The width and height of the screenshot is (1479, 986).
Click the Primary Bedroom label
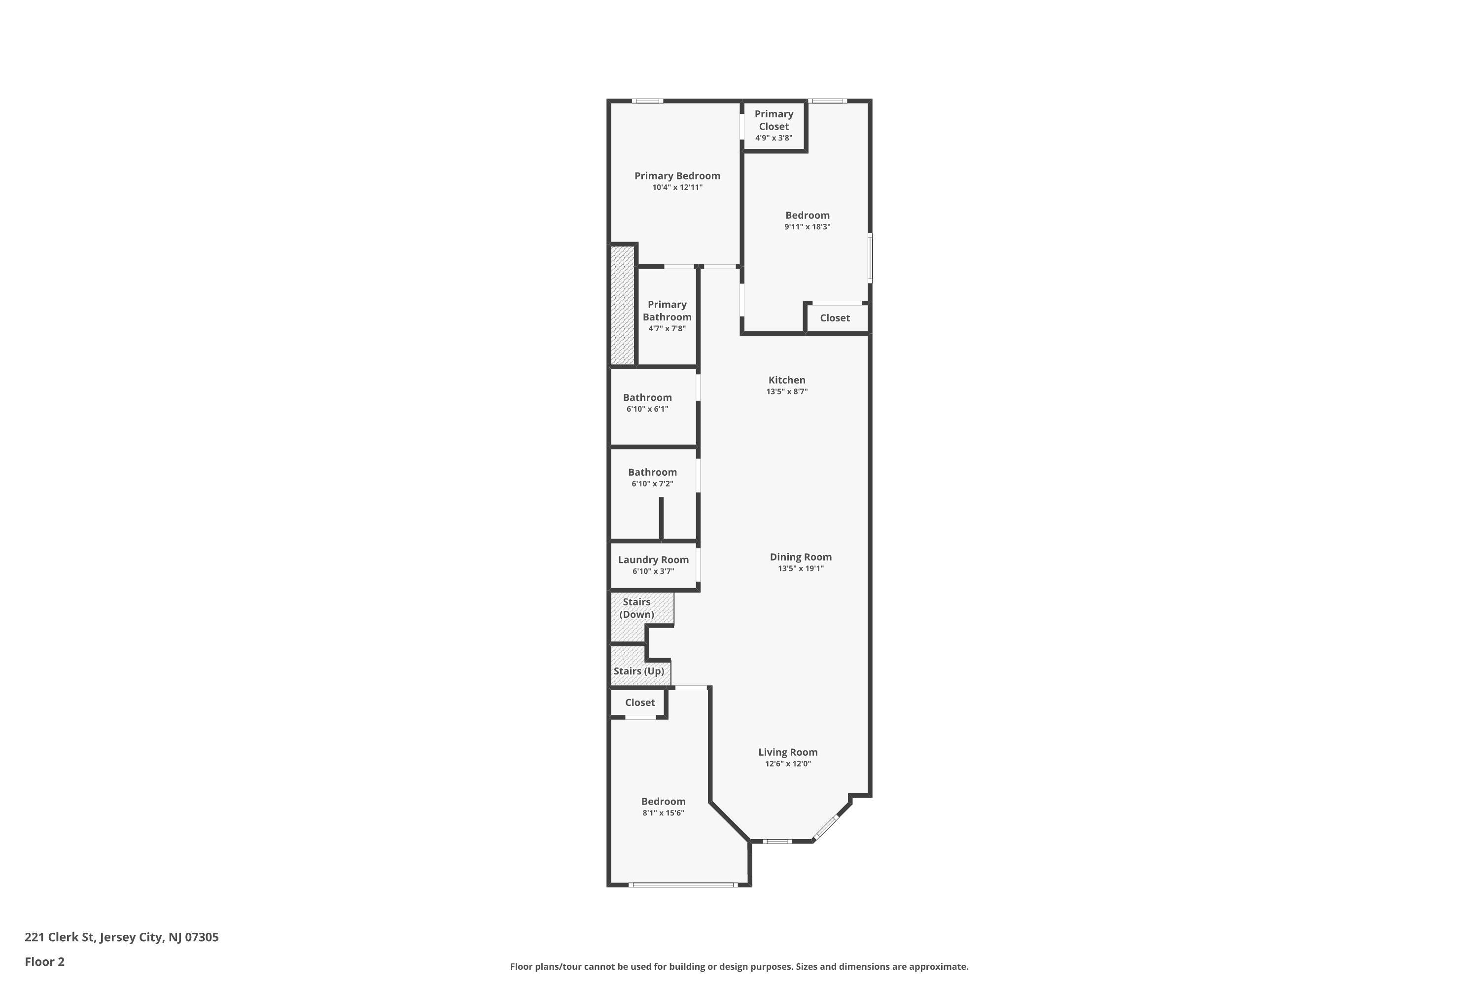pyautogui.click(x=677, y=176)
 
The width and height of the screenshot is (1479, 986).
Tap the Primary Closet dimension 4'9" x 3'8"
pyautogui.click(x=774, y=138)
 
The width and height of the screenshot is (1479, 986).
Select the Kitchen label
pyautogui.click(x=787, y=380)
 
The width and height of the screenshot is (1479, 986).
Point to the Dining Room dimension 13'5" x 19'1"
pyautogui.click(x=801, y=568)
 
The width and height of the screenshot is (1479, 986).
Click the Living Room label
pyautogui.click(x=788, y=752)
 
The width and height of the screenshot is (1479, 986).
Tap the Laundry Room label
pyautogui.click(x=653, y=560)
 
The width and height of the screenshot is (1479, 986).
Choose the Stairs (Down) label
pyautogui.click(x=637, y=608)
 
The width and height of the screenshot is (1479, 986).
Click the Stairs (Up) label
pyautogui.click(x=639, y=671)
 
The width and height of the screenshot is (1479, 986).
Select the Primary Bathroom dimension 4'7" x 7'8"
pyautogui.click(x=667, y=328)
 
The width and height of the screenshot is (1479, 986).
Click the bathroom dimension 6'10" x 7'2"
pyautogui.click(x=652, y=484)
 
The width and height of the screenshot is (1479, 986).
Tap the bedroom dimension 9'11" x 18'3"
pyautogui.click(x=808, y=226)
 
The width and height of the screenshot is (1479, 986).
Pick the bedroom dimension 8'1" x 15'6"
pyautogui.click(x=664, y=812)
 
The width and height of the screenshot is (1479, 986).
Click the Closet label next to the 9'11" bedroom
pyautogui.click(x=835, y=318)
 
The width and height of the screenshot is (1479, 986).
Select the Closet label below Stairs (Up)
pyautogui.click(x=640, y=703)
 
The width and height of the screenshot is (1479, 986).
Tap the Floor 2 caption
pyautogui.click(x=45, y=961)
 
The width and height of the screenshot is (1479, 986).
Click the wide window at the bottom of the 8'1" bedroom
pyautogui.click(x=683, y=885)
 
